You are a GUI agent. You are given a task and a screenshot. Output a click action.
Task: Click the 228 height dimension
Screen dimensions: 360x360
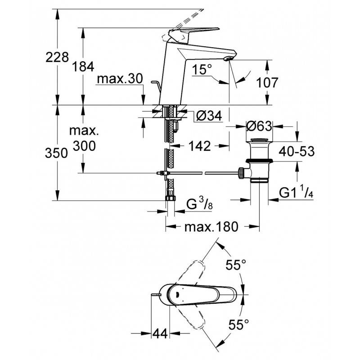(x=57, y=57)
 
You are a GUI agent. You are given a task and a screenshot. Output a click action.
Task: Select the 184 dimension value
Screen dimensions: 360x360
(x=83, y=67)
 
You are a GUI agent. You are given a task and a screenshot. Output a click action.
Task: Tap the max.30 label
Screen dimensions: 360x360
(x=120, y=79)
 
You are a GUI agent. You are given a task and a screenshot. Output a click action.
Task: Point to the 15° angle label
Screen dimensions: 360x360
(x=202, y=69)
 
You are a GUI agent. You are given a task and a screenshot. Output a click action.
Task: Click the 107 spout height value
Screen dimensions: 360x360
(x=267, y=82)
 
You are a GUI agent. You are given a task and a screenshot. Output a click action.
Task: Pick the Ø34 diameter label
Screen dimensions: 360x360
(x=209, y=116)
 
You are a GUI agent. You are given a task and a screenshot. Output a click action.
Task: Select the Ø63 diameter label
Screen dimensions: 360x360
(x=259, y=126)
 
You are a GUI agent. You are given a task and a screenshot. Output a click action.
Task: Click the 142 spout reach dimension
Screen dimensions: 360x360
(x=199, y=146)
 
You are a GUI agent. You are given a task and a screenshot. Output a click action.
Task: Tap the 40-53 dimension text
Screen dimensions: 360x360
(x=297, y=151)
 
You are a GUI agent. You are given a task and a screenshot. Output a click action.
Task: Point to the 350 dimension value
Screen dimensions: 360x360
(x=57, y=153)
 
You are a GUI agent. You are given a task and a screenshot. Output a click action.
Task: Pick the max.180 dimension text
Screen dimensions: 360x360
(x=211, y=227)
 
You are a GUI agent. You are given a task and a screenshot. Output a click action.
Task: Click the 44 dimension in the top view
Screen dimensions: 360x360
(x=160, y=333)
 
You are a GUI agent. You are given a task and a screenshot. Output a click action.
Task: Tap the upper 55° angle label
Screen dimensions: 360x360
(x=236, y=265)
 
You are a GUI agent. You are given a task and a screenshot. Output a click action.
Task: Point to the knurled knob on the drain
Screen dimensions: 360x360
(x=241, y=173)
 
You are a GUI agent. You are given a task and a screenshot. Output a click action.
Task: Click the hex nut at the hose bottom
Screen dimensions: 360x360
(x=170, y=198)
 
